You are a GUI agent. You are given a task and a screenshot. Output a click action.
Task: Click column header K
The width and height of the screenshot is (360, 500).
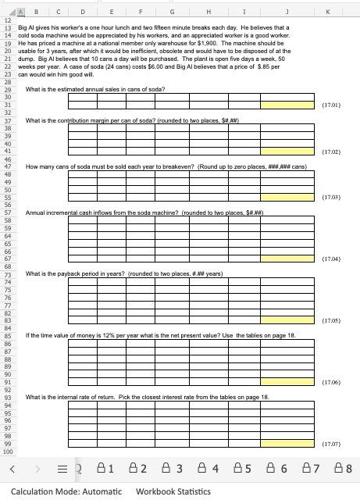[x=337, y=12]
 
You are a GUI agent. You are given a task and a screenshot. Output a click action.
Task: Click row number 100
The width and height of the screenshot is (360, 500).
[x=9, y=452]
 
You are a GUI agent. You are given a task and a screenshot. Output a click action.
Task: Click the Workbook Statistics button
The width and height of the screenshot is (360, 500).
[x=173, y=491]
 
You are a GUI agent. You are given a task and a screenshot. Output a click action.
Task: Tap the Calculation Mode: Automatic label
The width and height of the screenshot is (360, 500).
[x=66, y=491]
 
